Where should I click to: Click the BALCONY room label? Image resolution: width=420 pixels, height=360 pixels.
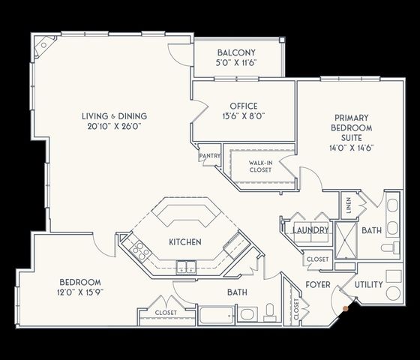236,52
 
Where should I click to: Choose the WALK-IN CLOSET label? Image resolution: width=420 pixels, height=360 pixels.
260,166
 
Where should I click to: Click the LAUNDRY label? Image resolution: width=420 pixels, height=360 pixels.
310,230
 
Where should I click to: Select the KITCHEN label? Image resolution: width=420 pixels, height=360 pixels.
184,242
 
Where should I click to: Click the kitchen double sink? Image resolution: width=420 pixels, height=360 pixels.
184,266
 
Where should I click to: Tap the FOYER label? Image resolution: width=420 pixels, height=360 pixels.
318,285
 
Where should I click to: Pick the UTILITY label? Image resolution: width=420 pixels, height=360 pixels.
368,285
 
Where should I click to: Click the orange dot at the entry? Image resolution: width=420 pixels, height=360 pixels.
345,306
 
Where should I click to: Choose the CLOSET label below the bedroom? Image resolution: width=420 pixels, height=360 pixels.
166,312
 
